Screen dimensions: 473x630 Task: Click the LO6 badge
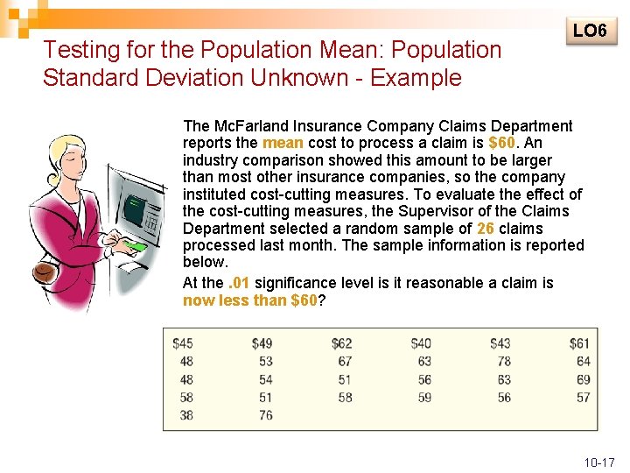[590, 32]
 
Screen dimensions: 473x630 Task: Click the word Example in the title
[416, 77]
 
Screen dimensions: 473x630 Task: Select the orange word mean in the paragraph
[283, 143]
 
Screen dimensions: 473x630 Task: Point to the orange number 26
[486, 228]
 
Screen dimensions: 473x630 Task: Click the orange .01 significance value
[239, 283]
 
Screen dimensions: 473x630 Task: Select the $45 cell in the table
[183, 343]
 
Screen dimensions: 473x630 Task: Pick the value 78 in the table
[503, 361]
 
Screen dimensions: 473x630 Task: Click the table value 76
[265, 415]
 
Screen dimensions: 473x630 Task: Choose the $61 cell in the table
[579, 343]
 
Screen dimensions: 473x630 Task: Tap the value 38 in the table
[186, 415]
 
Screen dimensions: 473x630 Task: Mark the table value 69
[583, 379]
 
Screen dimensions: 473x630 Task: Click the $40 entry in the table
[421, 343]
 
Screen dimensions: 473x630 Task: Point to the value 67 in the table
[345, 361]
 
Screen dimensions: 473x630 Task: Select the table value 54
[265, 379]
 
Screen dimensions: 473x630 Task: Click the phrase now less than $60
[249, 300]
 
